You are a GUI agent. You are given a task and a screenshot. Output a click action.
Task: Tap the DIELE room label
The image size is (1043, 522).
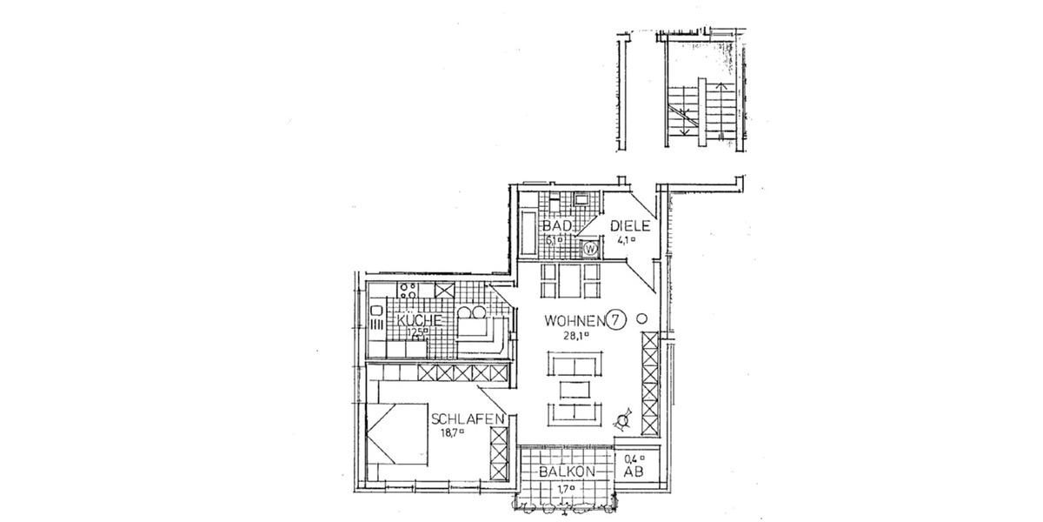(628, 225)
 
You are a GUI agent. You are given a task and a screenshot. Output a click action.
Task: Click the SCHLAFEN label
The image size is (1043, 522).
(468, 419)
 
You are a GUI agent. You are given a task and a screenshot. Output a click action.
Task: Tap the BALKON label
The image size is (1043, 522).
(566, 471)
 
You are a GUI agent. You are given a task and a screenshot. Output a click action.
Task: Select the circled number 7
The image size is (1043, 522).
(615, 319)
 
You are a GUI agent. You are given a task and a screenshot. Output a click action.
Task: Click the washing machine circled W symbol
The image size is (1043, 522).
(591, 249)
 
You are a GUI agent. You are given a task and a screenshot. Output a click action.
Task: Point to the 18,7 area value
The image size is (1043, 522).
(451, 432)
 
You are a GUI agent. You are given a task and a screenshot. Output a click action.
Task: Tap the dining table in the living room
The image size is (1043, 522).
(570, 280)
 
